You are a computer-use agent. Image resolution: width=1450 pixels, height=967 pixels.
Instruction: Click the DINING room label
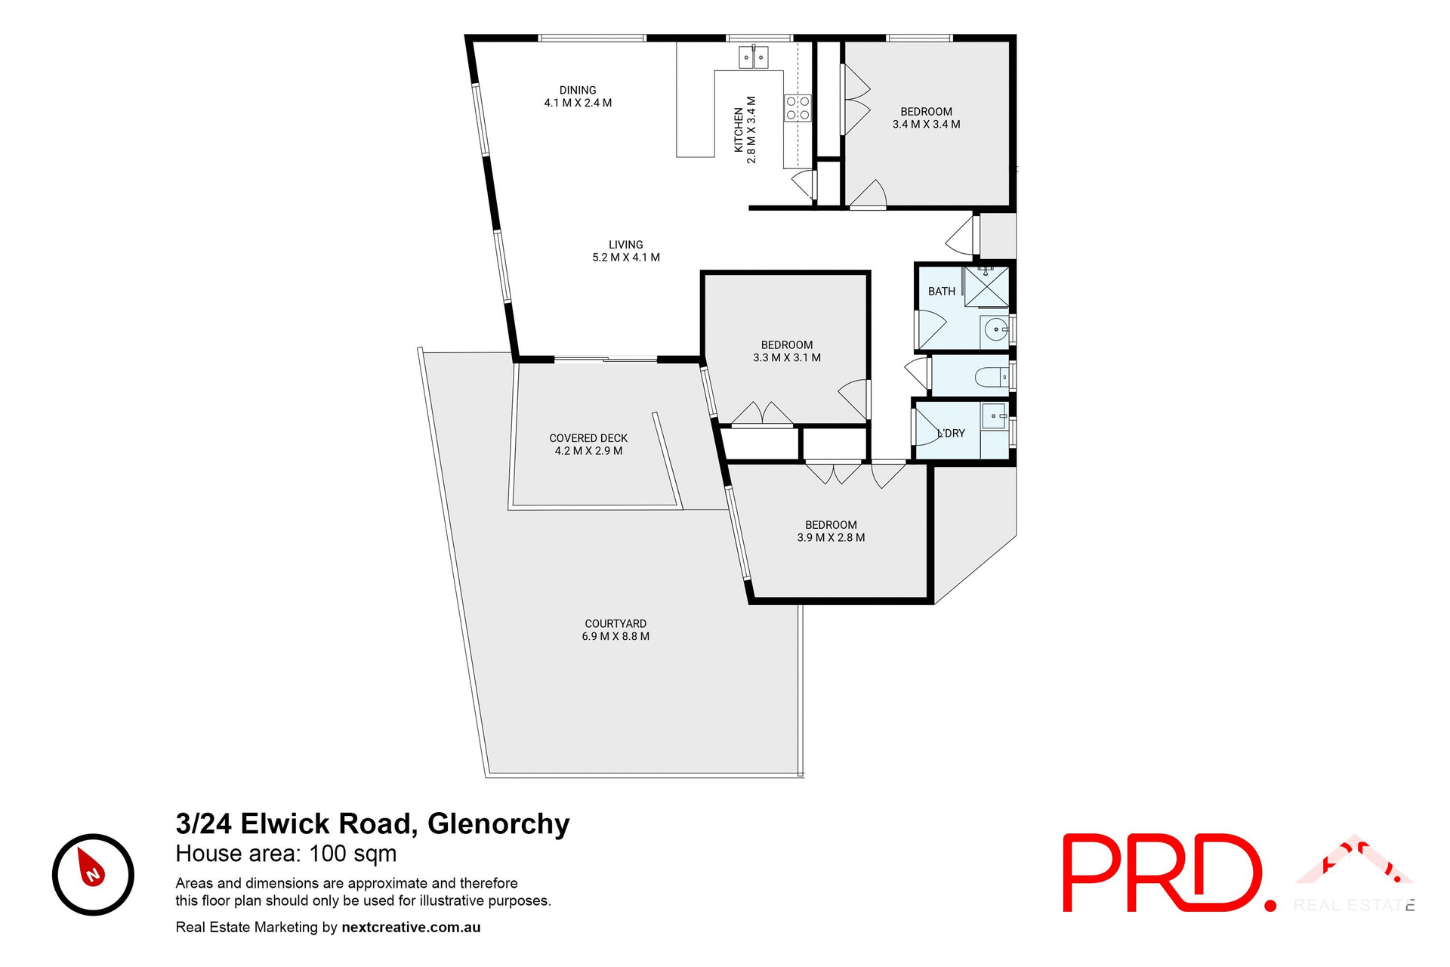pos(578,90)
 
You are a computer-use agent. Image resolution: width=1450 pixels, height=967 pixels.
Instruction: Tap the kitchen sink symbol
pos(753,57)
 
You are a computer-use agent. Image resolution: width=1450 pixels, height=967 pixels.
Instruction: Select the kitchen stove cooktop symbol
pos(797,108)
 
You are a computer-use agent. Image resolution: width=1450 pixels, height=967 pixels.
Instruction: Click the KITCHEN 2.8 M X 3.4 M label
pos(745,130)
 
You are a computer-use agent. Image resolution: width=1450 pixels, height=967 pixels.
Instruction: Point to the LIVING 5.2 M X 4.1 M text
pos(626,251)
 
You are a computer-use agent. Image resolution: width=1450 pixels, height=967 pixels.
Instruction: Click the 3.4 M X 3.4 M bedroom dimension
pos(926,125)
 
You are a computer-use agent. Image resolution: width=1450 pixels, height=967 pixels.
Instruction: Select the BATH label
pos(941,292)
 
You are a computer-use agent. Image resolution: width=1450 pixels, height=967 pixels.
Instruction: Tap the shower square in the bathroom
pos(986,286)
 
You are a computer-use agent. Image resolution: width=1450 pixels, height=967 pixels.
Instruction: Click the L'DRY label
pos(952,434)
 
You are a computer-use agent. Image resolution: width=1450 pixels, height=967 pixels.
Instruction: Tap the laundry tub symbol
pos(994,416)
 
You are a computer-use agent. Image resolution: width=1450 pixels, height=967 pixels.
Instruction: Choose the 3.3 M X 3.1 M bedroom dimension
pos(787,358)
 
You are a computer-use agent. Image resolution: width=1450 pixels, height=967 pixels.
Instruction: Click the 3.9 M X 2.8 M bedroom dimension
pos(831,538)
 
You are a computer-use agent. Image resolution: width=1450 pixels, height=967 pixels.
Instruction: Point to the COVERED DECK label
pos(588,438)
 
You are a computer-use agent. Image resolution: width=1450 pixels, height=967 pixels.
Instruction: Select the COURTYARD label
pos(615,623)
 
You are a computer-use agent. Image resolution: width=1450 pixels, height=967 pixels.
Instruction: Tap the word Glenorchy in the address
pos(498,823)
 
